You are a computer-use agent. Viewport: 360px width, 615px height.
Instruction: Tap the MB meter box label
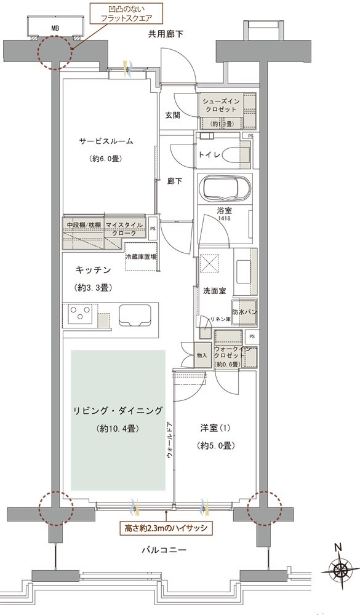[x=55, y=28]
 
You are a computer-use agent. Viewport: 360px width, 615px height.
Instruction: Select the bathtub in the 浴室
[x=226, y=188]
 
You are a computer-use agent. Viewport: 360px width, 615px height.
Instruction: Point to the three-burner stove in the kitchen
[x=79, y=315]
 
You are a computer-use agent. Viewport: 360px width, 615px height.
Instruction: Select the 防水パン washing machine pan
[x=244, y=312]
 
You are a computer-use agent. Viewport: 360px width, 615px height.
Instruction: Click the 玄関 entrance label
[x=172, y=114]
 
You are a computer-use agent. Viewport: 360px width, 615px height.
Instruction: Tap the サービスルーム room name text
[x=106, y=141]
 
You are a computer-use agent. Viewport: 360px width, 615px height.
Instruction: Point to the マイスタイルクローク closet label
[x=125, y=229]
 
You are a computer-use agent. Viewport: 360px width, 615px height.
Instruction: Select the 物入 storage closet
[x=202, y=355]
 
